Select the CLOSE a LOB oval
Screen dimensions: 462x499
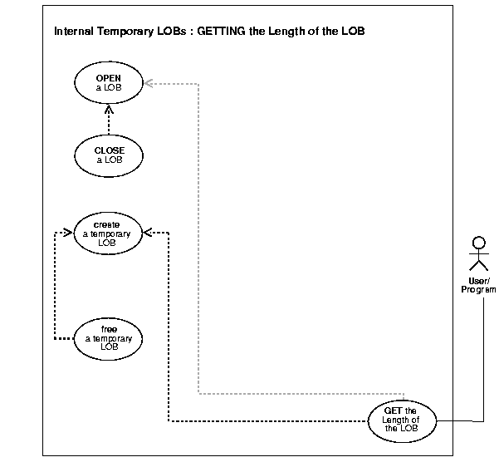click(109, 155)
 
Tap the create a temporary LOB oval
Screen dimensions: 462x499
click(108, 233)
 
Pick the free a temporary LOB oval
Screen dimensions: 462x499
click(108, 337)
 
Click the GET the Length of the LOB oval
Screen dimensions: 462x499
click(402, 420)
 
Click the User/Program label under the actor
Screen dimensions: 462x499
click(477, 285)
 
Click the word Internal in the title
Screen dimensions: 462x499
click(76, 32)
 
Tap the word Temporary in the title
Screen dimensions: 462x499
click(133, 32)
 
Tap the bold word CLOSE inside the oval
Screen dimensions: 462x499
click(109, 150)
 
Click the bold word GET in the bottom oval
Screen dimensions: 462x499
click(394, 410)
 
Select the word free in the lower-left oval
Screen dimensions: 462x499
click(108, 328)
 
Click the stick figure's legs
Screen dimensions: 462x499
click(477, 265)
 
